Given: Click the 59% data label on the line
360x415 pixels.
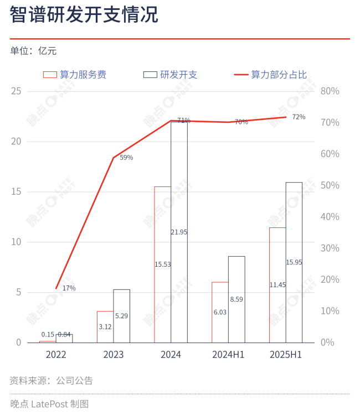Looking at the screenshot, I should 126,158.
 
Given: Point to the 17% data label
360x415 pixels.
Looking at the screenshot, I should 69,288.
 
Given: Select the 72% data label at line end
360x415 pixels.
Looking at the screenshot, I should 299,117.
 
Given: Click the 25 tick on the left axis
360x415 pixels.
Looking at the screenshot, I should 16,91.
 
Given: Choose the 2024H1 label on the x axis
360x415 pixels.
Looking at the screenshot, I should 228,355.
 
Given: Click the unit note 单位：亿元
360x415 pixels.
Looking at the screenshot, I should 33,51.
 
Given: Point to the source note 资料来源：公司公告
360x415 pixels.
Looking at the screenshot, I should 51,381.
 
